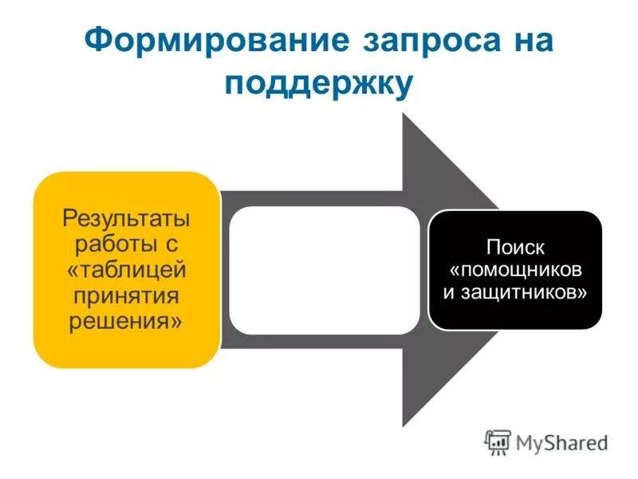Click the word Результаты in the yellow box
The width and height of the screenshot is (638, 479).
[x=127, y=217]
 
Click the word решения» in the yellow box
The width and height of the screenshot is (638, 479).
[x=127, y=323]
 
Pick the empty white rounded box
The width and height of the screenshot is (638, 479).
[x=324, y=270]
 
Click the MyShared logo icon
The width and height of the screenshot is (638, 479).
[x=498, y=441]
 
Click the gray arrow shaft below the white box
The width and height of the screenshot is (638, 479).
[x=319, y=342]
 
